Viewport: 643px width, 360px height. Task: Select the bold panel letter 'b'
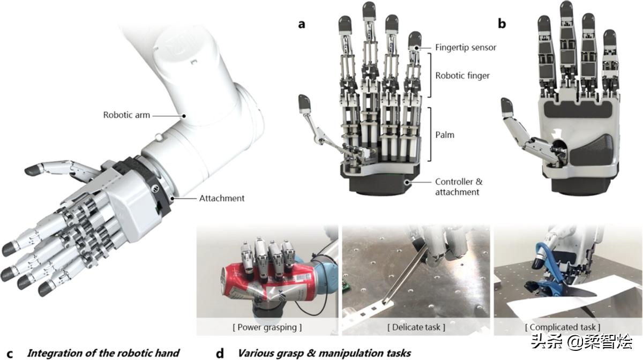(x=502, y=24)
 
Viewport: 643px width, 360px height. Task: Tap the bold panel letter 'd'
(x=220, y=353)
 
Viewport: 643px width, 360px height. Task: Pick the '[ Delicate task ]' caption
(x=416, y=326)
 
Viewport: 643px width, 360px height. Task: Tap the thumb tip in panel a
(x=305, y=102)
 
